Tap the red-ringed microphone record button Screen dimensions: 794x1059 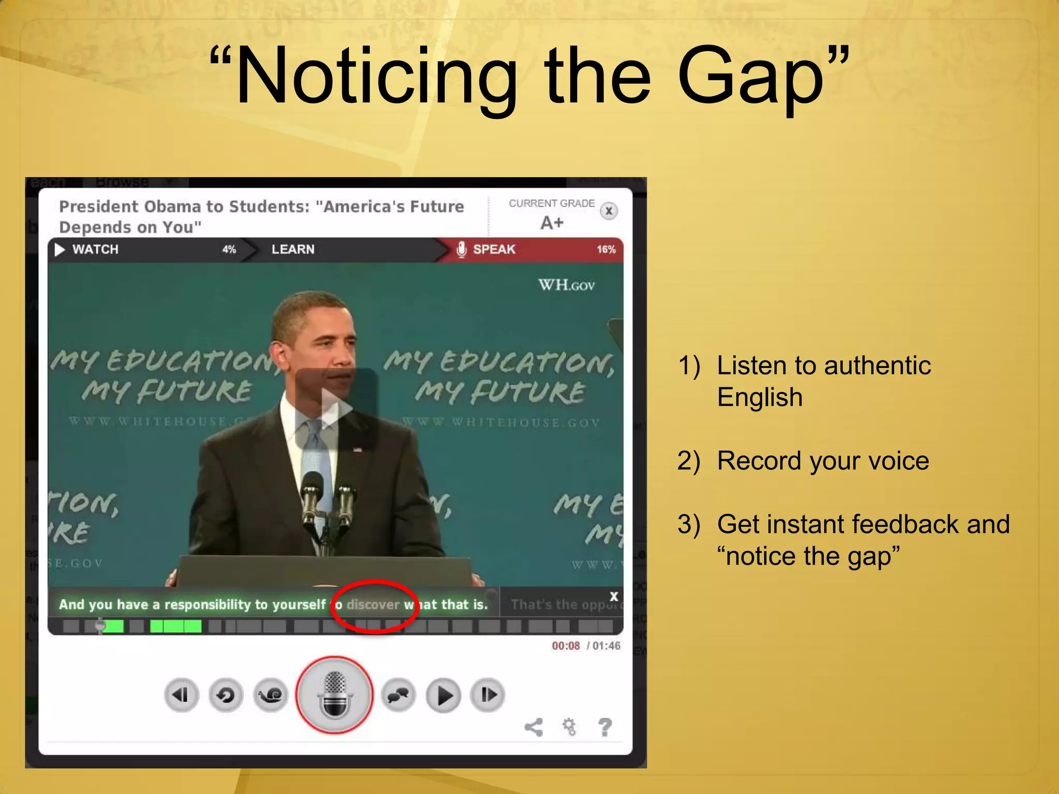pyautogui.click(x=335, y=694)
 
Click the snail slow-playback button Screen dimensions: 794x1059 pyautogui.click(x=270, y=695)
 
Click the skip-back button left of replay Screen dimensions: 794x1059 pyautogui.click(x=181, y=695)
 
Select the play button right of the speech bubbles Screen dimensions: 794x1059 pyautogui.click(x=443, y=695)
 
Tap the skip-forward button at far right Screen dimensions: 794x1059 pyautogui.click(x=488, y=695)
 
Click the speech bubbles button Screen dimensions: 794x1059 pyautogui.click(x=398, y=695)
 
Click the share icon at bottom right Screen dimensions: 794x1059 pyautogui.click(x=534, y=727)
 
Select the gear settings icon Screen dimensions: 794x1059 pyautogui.click(x=569, y=727)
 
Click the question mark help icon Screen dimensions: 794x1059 pyautogui.click(x=604, y=727)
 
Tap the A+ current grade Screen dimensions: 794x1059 pyautogui.click(x=552, y=223)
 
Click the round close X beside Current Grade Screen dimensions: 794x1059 pyautogui.click(x=609, y=211)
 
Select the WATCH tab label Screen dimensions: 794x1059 pyautogui.click(x=95, y=249)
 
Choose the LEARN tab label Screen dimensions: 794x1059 pyautogui.click(x=293, y=249)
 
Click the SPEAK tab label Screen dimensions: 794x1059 pyautogui.click(x=494, y=249)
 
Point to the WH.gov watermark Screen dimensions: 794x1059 pyautogui.click(x=567, y=285)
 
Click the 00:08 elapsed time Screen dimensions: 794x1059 pyautogui.click(x=566, y=646)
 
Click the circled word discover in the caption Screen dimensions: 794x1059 pyautogui.click(x=373, y=604)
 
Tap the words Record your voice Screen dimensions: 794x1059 pyautogui.click(x=822, y=461)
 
